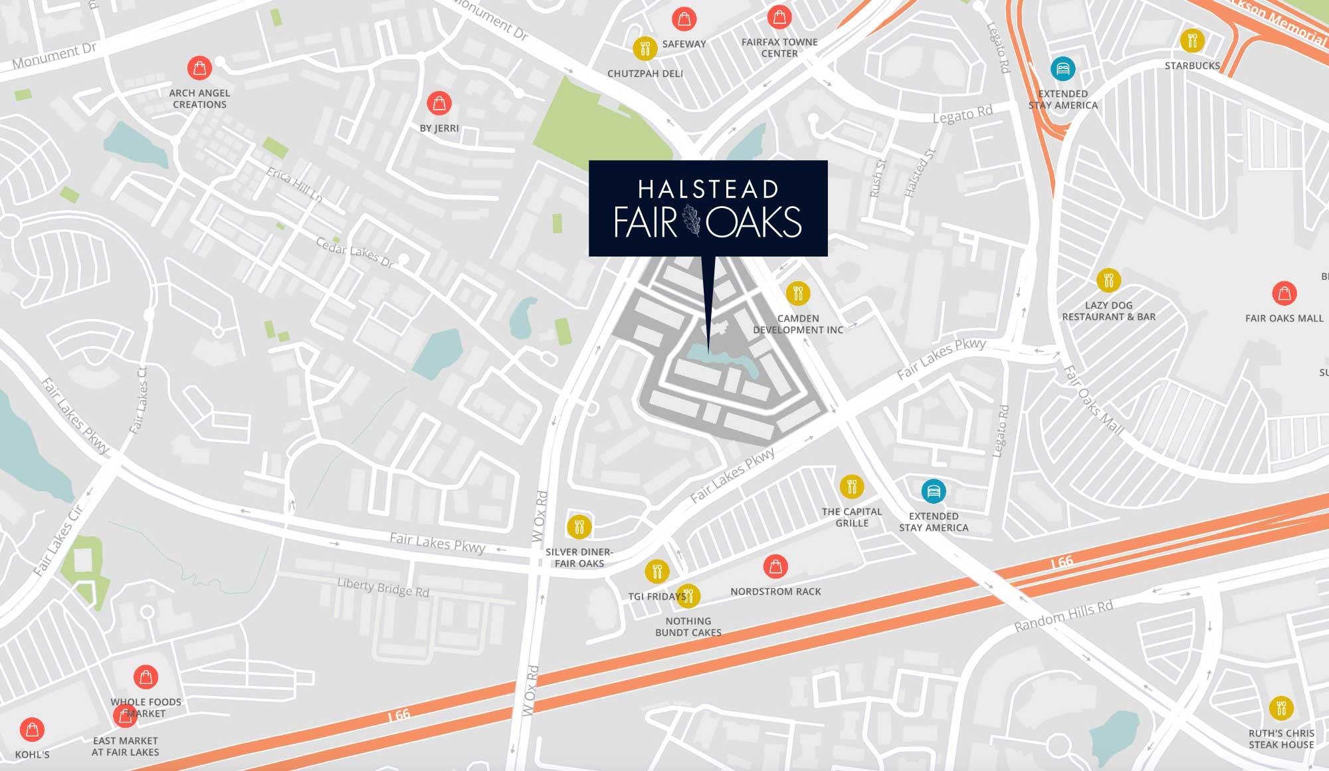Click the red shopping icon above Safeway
tap(684, 19)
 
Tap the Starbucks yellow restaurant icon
tap(1192, 41)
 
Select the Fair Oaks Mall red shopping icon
tap(1284, 293)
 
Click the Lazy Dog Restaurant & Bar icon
tap(1108, 280)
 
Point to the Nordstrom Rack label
tap(775, 592)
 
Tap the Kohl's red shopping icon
tap(32, 730)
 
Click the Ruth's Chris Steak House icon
tap(1280, 709)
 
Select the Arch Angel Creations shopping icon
tap(199, 68)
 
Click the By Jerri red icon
tap(439, 104)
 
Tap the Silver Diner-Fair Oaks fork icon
tap(579, 527)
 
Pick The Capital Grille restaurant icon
tap(851, 487)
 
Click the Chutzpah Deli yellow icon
tap(645, 49)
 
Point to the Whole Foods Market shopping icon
tap(146, 677)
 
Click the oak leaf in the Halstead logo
tap(692, 221)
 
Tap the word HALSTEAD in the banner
tap(708, 189)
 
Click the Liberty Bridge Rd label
tap(383, 588)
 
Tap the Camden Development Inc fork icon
tap(798, 293)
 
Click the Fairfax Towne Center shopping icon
tap(779, 17)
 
